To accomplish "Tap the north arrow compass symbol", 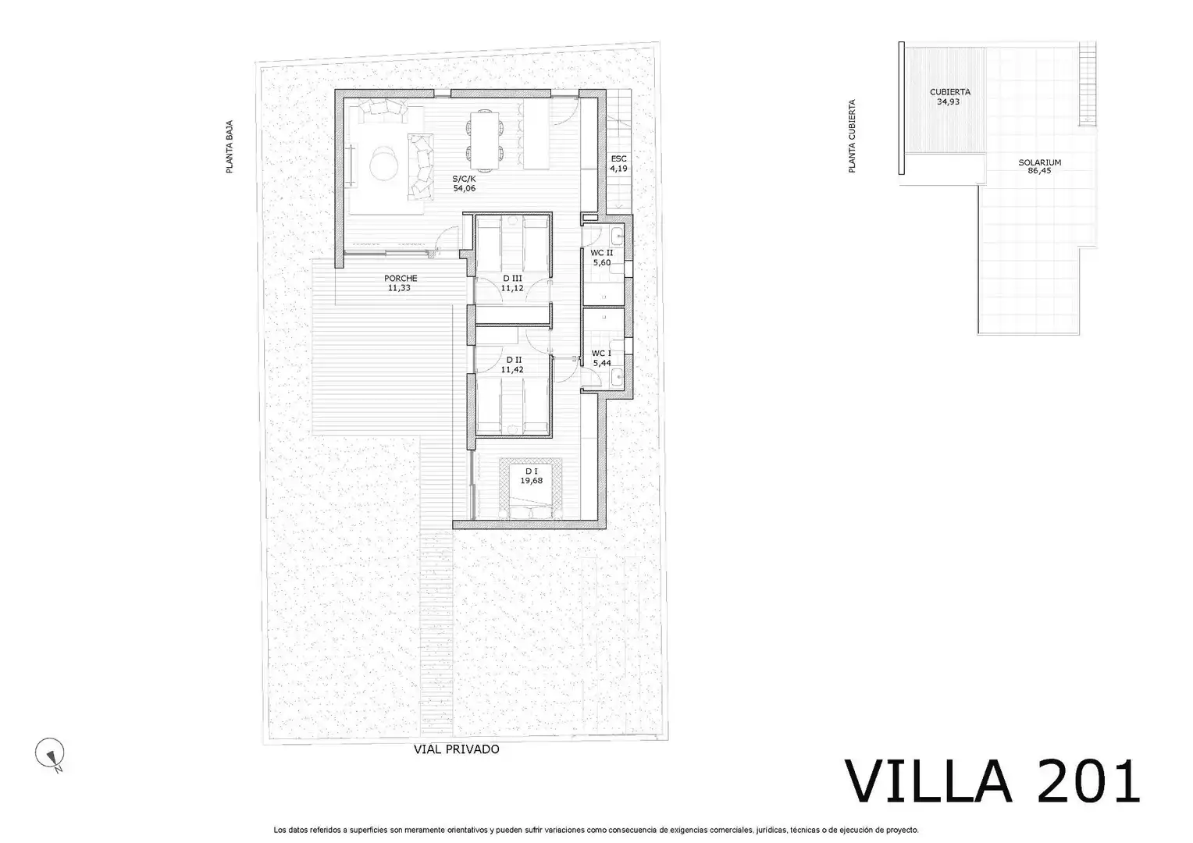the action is click(x=50, y=753).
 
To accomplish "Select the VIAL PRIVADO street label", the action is click(x=457, y=749).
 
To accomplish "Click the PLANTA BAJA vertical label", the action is click(x=230, y=147).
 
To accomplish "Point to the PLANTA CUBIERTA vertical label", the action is click(x=852, y=136).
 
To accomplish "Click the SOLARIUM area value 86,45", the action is click(x=1040, y=171).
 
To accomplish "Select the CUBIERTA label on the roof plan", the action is click(x=949, y=92).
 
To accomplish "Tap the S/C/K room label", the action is click(x=464, y=179).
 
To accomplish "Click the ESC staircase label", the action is click(x=618, y=158).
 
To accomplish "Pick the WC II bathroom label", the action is click(x=602, y=253).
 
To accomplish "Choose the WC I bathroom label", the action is click(x=601, y=353).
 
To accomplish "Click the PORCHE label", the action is click(x=401, y=278).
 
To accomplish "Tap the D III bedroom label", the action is click(x=512, y=278).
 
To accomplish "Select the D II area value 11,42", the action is click(x=512, y=369).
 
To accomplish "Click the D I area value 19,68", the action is click(x=532, y=480).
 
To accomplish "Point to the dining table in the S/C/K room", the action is click(x=485, y=141).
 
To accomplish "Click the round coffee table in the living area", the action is click(x=383, y=162).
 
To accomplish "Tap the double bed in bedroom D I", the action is click(x=531, y=489).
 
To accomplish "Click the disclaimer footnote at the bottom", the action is click(x=596, y=830).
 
